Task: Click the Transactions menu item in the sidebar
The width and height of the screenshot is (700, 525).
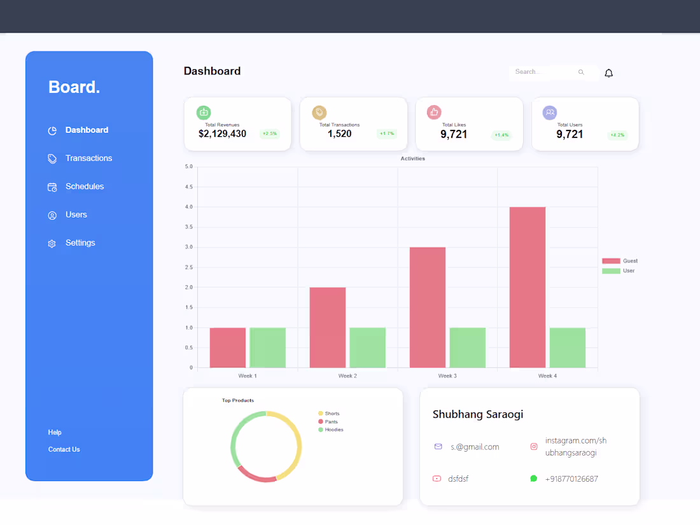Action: (88, 158)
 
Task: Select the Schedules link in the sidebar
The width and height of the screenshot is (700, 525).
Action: (84, 186)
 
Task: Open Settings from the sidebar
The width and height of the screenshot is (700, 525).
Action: (80, 243)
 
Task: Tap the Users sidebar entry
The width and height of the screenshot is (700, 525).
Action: (76, 215)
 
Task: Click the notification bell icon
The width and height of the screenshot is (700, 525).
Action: (608, 73)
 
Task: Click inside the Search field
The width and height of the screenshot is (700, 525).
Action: (544, 73)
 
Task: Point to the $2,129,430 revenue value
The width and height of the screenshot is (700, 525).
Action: (222, 134)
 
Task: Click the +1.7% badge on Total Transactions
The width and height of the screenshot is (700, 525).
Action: (386, 134)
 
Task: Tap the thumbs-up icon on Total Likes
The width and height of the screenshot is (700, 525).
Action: (434, 113)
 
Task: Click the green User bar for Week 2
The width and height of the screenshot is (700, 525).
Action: (367, 347)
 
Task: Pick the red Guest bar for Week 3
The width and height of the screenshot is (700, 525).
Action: (427, 307)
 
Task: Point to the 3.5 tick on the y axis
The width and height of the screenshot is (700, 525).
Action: (188, 227)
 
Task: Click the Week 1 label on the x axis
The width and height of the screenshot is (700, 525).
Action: (248, 376)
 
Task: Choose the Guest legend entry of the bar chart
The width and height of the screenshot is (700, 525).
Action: (620, 261)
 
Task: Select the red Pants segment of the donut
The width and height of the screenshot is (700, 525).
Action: (256, 476)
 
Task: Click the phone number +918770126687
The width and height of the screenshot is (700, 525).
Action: (571, 479)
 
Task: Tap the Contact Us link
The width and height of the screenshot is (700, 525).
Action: (64, 450)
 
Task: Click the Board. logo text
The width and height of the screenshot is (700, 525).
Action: (74, 87)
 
